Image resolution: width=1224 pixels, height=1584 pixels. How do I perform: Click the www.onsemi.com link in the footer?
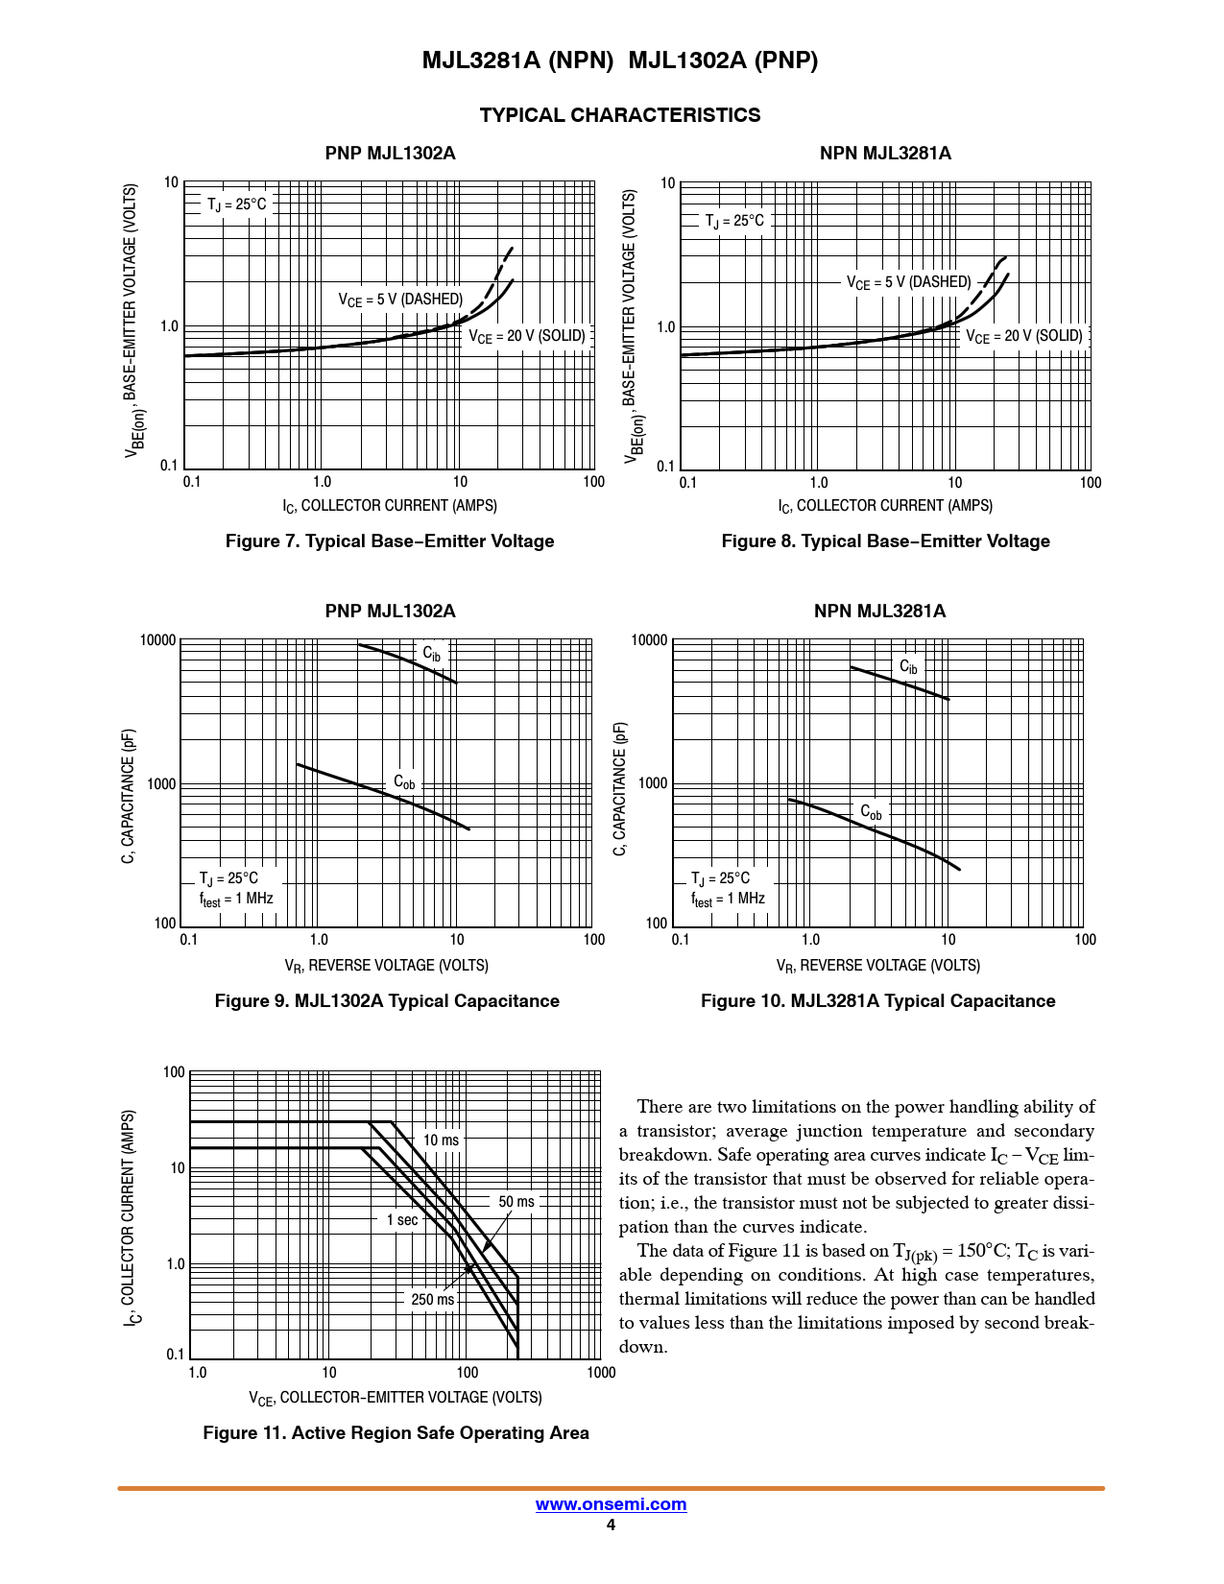pyautogui.click(x=611, y=1504)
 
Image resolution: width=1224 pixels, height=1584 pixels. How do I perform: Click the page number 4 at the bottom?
pyautogui.click(x=611, y=1525)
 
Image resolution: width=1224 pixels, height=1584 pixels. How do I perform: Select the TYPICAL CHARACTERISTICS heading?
pyautogui.click(x=619, y=115)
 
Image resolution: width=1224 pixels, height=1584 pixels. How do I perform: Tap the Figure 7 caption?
pyautogui.click(x=390, y=541)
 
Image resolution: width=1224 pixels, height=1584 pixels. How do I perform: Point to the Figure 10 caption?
pyautogui.click(x=877, y=1001)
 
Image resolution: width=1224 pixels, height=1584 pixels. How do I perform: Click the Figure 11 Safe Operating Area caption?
pyautogui.click(x=396, y=1433)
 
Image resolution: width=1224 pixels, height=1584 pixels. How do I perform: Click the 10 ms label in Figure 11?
pyautogui.click(x=441, y=1140)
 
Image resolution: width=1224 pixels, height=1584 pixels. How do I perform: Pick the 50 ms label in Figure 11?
pyautogui.click(x=516, y=1202)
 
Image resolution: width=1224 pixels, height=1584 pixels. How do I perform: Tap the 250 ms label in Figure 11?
pyautogui.click(x=433, y=1300)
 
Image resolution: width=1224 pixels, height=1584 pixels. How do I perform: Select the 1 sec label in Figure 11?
pyautogui.click(x=402, y=1220)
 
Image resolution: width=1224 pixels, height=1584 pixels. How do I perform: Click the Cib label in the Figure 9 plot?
pyautogui.click(x=432, y=655)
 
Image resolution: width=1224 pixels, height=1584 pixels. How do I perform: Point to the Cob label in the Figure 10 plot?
pyautogui.click(x=871, y=813)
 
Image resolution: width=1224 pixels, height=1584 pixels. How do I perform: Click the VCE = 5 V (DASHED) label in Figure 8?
pyautogui.click(x=908, y=282)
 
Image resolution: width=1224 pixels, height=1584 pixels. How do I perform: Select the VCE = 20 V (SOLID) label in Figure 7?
pyautogui.click(x=527, y=336)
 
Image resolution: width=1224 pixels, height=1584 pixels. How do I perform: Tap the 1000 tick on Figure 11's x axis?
pyautogui.click(x=601, y=1373)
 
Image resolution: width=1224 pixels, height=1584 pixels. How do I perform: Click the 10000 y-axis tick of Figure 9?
pyautogui.click(x=158, y=640)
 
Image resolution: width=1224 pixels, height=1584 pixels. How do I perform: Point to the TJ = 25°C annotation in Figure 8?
pyautogui.click(x=734, y=222)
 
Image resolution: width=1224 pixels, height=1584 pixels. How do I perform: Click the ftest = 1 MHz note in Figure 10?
pyautogui.click(x=728, y=900)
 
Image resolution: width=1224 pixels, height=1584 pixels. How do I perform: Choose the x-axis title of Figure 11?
pyautogui.click(x=396, y=1398)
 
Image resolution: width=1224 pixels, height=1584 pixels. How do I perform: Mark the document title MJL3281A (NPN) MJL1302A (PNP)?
pyautogui.click(x=620, y=60)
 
